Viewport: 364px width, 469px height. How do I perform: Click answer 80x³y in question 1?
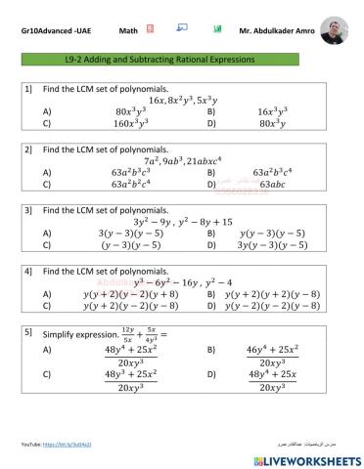pos(272,125)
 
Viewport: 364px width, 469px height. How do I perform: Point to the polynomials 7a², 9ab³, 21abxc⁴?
pos(182,159)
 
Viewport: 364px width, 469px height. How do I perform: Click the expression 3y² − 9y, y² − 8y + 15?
pos(182,221)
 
